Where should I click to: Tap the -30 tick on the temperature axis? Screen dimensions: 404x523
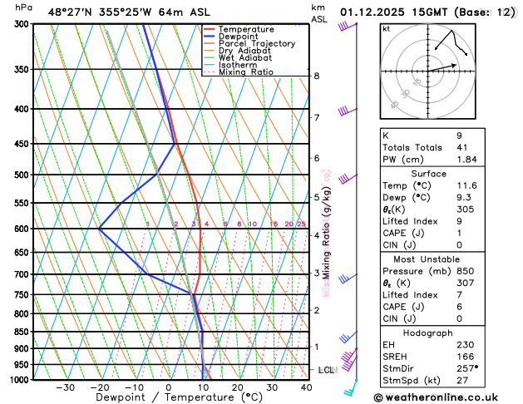[x=65, y=387]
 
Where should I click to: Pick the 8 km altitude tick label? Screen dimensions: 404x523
[x=317, y=76]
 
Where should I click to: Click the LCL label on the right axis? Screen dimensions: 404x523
[x=327, y=369]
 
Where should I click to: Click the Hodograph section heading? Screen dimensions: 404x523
[x=428, y=333]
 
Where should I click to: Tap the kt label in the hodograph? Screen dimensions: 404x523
[x=386, y=28]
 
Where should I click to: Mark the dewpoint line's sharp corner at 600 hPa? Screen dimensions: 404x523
[x=99, y=229]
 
